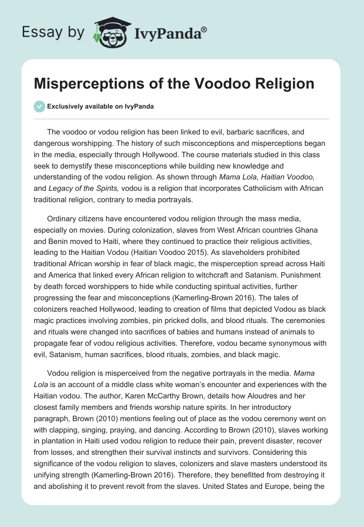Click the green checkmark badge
pyautogui.click(x=39, y=106)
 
